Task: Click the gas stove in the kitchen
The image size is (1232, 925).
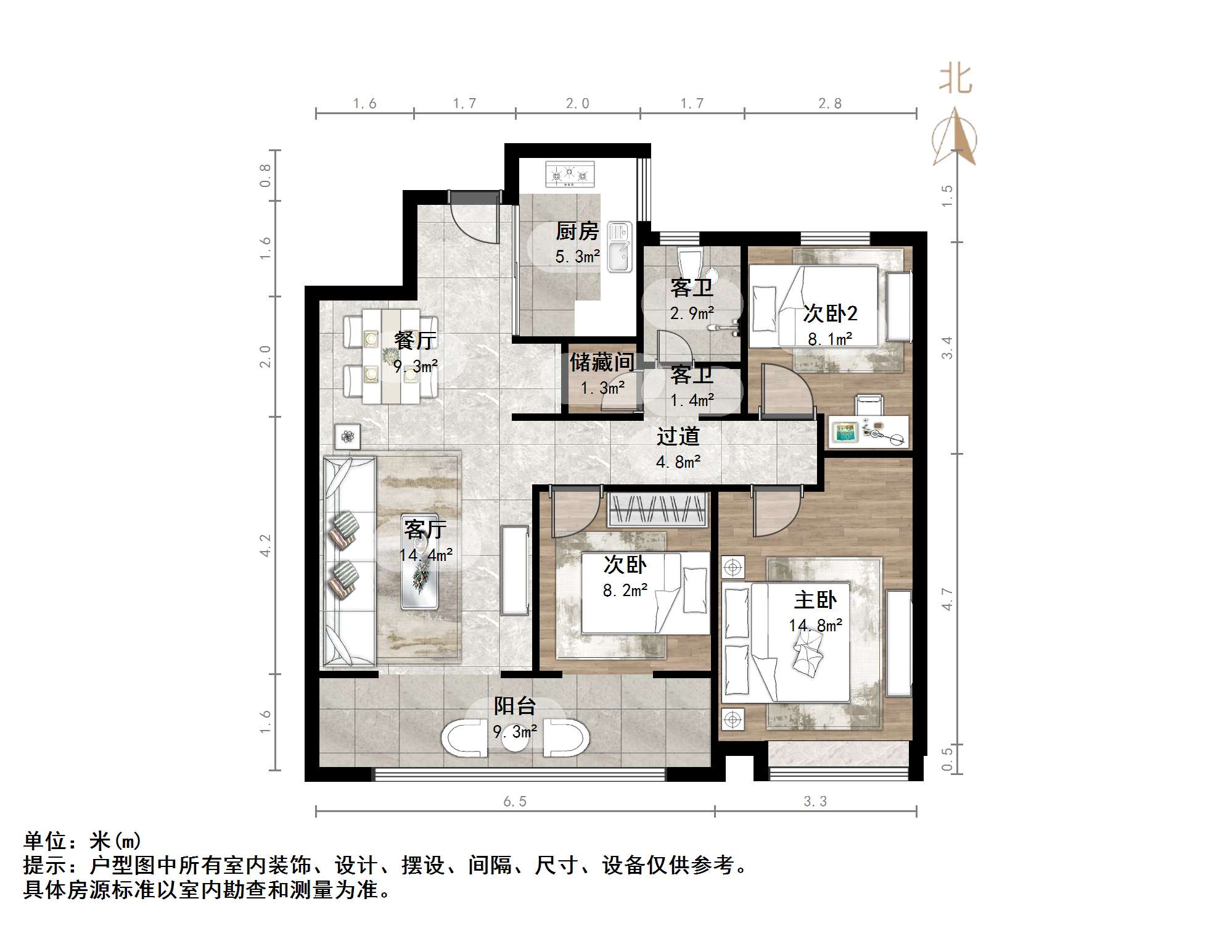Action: point(570,175)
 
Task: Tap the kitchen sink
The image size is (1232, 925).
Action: point(619,247)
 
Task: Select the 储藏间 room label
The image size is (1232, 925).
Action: point(601,362)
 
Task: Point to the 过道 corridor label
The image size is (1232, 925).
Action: point(678,436)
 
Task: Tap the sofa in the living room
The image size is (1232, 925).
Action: point(349,562)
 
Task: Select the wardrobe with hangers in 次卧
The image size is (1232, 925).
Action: point(657,510)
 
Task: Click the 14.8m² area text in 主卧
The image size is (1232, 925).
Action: point(815,626)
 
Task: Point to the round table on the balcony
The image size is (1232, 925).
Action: point(515,740)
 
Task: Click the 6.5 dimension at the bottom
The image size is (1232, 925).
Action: point(515,802)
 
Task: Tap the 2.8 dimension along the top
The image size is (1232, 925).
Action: point(829,104)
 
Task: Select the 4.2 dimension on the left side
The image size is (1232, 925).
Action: point(265,545)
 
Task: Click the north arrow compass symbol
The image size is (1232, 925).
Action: point(955,137)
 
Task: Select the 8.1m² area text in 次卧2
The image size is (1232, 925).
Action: point(830,339)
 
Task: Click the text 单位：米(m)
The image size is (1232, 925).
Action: point(83,840)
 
